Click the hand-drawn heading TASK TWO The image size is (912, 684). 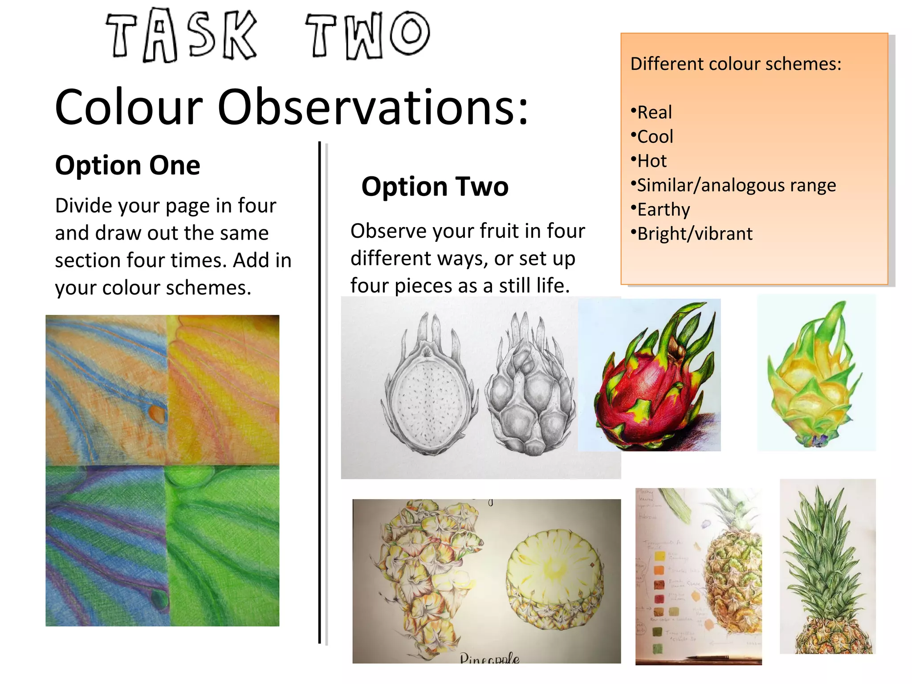point(267,36)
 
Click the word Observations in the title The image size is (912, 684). point(373,108)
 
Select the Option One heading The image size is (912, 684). point(127,165)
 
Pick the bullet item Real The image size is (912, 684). point(654,112)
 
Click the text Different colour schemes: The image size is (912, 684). point(736,64)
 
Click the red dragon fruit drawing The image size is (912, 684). point(650,383)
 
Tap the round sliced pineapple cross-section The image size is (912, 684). point(554,574)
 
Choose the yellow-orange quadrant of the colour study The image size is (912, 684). point(223,387)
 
